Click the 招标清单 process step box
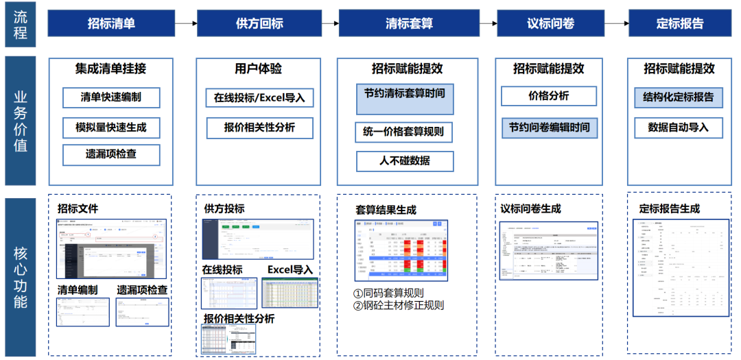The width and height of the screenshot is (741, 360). (x=111, y=23)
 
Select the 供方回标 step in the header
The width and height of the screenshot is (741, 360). (x=259, y=23)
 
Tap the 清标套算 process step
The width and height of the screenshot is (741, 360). (x=409, y=23)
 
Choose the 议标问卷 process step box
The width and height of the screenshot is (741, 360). (x=550, y=23)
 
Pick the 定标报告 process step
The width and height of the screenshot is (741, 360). (x=679, y=23)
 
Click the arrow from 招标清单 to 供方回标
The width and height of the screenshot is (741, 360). (x=185, y=23)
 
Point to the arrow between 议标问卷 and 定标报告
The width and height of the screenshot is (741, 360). (x=616, y=23)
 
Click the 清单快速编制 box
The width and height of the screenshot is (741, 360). (x=110, y=97)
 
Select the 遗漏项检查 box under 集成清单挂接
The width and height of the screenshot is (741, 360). (x=110, y=154)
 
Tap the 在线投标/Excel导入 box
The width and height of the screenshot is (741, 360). (x=259, y=97)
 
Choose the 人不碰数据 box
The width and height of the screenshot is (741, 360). (x=405, y=161)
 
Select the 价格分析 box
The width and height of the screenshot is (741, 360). (x=548, y=96)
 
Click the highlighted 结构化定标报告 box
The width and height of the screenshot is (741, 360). (x=679, y=97)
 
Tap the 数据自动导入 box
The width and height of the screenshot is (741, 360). (x=679, y=128)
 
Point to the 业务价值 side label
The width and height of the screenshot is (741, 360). (x=21, y=121)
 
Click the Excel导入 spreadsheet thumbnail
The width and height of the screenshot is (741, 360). (x=290, y=293)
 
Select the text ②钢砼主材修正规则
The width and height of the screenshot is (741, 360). (x=399, y=305)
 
